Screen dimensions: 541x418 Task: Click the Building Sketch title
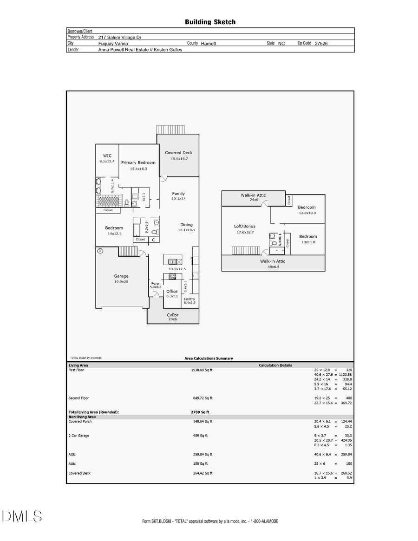coord(210,22)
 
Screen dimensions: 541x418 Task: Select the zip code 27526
coord(321,43)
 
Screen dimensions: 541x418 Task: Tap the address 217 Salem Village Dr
coord(123,37)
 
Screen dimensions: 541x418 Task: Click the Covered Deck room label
coord(178,153)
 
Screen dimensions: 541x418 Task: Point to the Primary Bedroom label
coord(138,163)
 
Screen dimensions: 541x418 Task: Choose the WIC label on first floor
coord(107,156)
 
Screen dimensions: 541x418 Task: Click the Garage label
coord(121,276)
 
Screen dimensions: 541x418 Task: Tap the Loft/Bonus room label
coord(244,226)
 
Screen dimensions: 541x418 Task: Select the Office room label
coord(172,291)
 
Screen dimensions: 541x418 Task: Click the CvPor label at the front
coord(173,314)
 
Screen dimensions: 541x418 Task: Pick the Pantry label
coord(189,299)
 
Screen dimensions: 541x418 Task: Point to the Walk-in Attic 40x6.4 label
coord(273,261)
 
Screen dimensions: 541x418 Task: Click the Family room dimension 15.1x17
coord(178,199)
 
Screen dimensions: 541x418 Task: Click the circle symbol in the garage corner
coord(100,251)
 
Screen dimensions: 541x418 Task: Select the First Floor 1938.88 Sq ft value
coord(202,370)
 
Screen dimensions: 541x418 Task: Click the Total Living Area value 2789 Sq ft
coord(200,412)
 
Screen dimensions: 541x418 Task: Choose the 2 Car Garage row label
coord(78,436)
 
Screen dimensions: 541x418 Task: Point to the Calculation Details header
coord(275,365)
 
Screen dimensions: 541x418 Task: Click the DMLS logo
coord(22,516)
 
